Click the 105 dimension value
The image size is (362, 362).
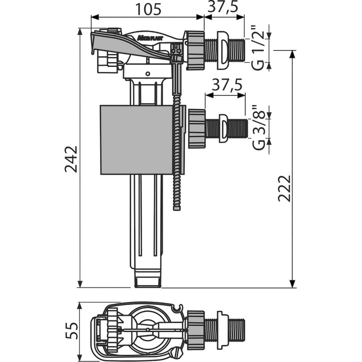tap(148, 10)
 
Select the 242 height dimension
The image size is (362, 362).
tap(71, 159)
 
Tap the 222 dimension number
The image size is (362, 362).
tap(284, 188)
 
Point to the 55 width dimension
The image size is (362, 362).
tap(71, 331)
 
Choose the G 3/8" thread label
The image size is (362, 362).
tap(258, 129)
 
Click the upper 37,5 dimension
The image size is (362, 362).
tap(223, 7)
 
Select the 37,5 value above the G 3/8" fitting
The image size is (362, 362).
tap(227, 85)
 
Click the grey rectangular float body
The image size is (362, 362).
tap(137, 140)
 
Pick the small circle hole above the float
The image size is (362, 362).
tap(148, 74)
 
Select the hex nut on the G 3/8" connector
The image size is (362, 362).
tap(197, 129)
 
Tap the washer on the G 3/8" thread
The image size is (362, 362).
tap(223, 128)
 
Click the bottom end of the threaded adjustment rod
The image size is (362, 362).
tap(177, 209)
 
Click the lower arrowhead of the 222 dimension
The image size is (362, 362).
tap(292, 284)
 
